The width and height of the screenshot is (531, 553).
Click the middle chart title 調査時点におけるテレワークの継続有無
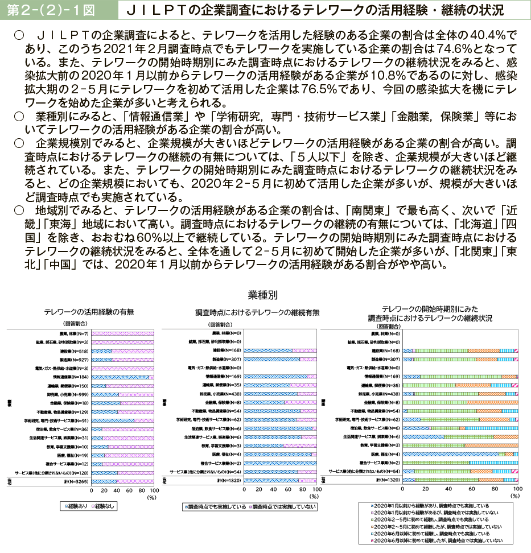tap(257, 312)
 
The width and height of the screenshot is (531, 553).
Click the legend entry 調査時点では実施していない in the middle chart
tap(282, 506)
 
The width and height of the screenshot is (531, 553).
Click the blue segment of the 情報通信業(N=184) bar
tap(120, 377)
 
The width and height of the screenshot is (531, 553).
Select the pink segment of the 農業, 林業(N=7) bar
tap(122, 333)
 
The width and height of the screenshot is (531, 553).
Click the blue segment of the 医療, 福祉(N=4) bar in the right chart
tap(450, 454)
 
